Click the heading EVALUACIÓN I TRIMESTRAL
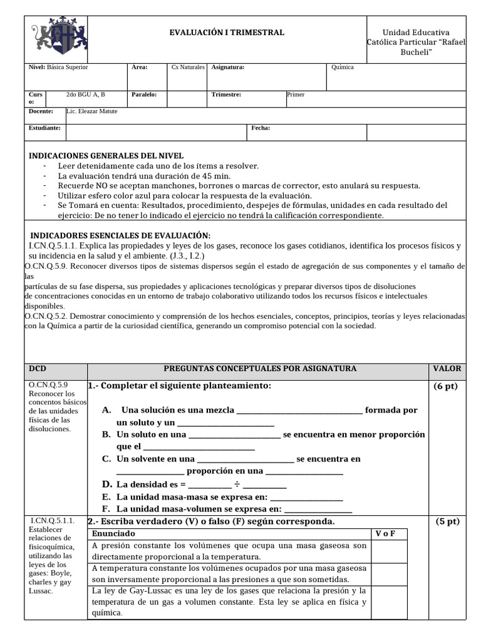(x=227, y=33)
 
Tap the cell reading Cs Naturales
(x=188, y=68)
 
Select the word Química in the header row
(x=343, y=68)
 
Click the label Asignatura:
(x=228, y=68)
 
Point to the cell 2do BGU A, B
(x=86, y=95)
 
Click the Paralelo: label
(x=144, y=95)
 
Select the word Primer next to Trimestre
(x=296, y=95)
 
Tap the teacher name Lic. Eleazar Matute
(x=92, y=111)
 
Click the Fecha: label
(x=261, y=128)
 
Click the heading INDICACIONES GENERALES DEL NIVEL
(x=106, y=156)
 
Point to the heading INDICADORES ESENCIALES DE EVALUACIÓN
(x=120, y=235)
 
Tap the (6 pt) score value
(x=446, y=386)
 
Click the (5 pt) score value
(x=446, y=521)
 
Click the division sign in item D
(x=237, y=485)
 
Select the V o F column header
(x=388, y=534)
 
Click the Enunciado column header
(x=113, y=534)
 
